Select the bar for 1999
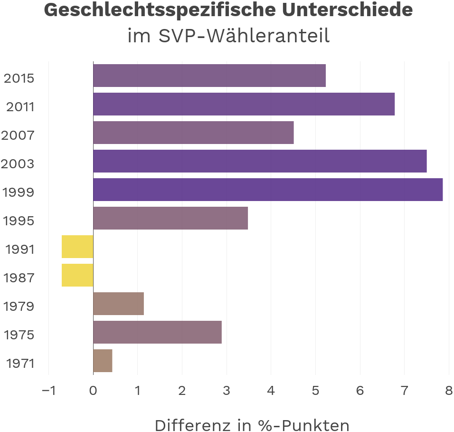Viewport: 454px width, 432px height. click(x=268, y=190)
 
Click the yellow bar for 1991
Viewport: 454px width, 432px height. click(x=77, y=247)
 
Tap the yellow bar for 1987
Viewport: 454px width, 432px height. click(x=77, y=275)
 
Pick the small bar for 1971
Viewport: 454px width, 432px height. click(x=103, y=361)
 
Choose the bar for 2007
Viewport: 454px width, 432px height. click(x=193, y=133)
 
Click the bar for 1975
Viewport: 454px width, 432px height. click(x=157, y=332)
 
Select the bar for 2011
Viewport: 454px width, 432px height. click(x=244, y=104)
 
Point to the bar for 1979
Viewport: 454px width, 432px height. click(x=118, y=304)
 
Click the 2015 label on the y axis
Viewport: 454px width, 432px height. click(x=19, y=78)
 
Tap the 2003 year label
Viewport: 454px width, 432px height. click(x=18, y=164)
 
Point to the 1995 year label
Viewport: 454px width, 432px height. click(x=19, y=221)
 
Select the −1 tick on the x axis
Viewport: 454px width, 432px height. click(x=48, y=391)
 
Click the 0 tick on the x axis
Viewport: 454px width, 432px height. click(x=93, y=391)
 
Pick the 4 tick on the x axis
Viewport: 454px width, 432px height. click(x=271, y=391)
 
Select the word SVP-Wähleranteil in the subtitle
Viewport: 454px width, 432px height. click(x=244, y=36)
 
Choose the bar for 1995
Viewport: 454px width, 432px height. click(x=170, y=218)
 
